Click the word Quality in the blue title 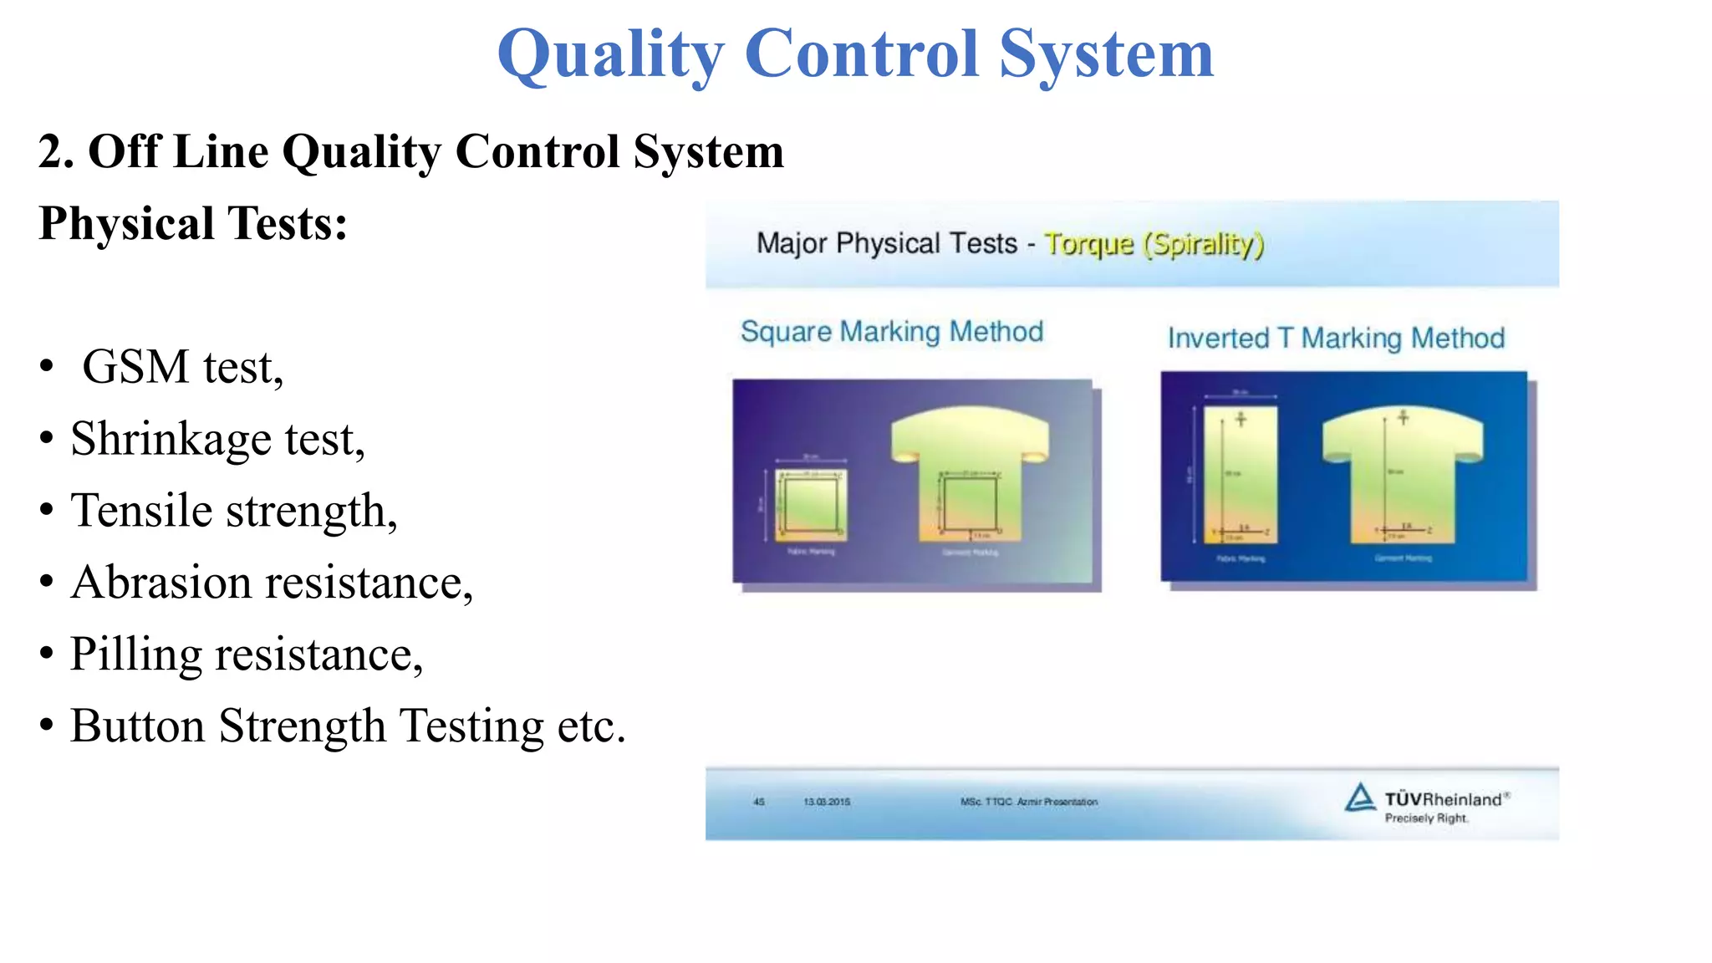(x=610, y=53)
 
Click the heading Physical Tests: (x=193, y=224)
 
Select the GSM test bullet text (x=183, y=367)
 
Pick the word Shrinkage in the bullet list (x=171, y=439)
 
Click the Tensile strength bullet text (x=234, y=511)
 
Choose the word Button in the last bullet (x=137, y=726)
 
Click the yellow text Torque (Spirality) (x=1154, y=244)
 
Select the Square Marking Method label (x=892, y=332)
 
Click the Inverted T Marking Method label (x=1336, y=338)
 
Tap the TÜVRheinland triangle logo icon (x=1360, y=797)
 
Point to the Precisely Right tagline (x=1426, y=818)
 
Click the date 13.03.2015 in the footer (x=827, y=802)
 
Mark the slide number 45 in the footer (x=759, y=802)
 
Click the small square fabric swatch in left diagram (x=810, y=503)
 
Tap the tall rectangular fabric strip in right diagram (x=1241, y=474)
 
